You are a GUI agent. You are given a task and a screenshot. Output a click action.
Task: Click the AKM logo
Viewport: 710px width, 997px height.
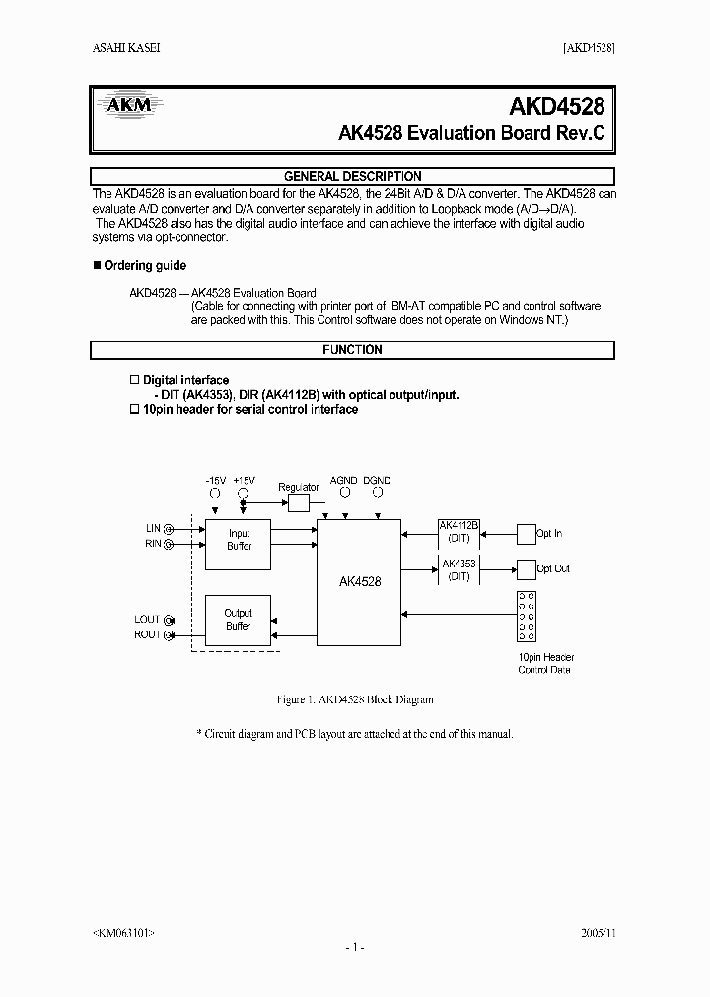pyautogui.click(x=129, y=105)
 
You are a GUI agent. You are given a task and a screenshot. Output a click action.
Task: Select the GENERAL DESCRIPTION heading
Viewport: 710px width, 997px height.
pyautogui.click(x=352, y=176)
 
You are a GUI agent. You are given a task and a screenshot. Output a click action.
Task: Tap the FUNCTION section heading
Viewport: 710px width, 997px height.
pyautogui.click(x=352, y=350)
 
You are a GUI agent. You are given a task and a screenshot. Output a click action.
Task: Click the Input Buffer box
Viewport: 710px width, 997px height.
pyautogui.click(x=239, y=540)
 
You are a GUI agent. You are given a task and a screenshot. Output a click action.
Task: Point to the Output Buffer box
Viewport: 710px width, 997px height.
pyautogui.click(x=239, y=620)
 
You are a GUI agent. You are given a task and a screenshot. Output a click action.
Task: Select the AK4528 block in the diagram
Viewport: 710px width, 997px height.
pyautogui.click(x=358, y=581)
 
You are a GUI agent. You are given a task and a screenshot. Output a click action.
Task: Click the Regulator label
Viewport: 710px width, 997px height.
pyautogui.click(x=298, y=487)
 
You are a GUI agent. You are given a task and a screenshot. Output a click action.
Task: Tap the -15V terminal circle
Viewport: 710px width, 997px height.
pyautogui.click(x=215, y=493)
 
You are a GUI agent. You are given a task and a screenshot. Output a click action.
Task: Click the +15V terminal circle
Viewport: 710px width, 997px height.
pyautogui.click(x=245, y=493)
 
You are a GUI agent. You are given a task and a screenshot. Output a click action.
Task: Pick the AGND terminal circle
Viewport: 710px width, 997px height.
pyautogui.click(x=345, y=493)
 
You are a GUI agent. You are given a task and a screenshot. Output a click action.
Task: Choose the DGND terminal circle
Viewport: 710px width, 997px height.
pyautogui.click(x=377, y=493)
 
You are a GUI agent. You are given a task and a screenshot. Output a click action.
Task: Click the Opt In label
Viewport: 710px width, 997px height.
pyautogui.click(x=550, y=533)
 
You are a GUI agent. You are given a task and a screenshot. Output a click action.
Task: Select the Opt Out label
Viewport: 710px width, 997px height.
pyautogui.click(x=553, y=568)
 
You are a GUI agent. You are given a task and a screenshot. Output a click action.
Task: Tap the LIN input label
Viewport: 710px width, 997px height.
pyautogui.click(x=153, y=529)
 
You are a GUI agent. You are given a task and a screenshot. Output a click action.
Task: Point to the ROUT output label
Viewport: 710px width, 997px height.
pyautogui.click(x=148, y=635)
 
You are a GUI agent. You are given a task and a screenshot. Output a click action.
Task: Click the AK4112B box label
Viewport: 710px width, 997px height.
pyautogui.click(x=459, y=526)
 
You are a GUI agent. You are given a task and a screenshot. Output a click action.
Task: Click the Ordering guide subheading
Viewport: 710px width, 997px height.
pyautogui.click(x=143, y=266)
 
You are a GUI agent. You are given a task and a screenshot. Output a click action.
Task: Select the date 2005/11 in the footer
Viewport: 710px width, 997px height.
pyautogui.click(x=598, y=931)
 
